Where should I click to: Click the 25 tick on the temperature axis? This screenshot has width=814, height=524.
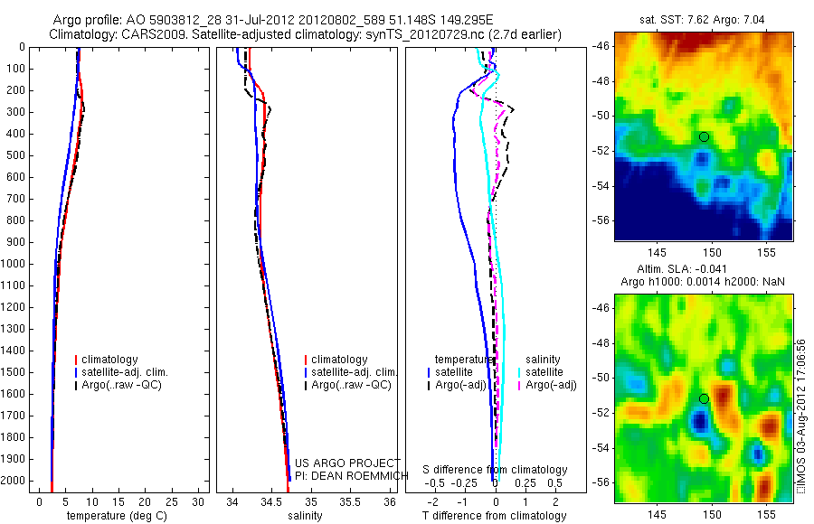[x=173, y=501]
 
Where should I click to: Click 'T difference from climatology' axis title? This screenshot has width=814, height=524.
[x=494, y=516]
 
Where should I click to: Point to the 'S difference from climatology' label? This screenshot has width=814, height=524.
[x=495, y=470]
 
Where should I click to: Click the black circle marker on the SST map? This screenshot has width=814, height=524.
[x=704, y=136]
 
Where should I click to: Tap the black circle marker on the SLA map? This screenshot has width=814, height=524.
[x=704, y=398]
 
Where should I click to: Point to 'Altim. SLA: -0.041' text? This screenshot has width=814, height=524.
[x=704, y=269]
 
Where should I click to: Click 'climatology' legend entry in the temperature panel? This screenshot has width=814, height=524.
[x=109, y=360]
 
